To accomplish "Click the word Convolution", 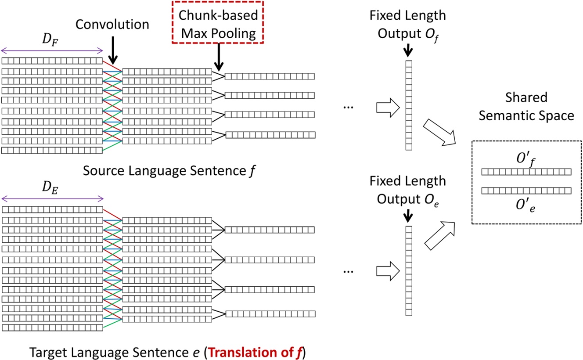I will (112, 24).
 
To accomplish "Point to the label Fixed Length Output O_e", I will (407, 188).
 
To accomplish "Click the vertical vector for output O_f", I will (409, 105).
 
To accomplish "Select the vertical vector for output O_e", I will (409, 270).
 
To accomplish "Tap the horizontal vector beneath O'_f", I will (526, 172).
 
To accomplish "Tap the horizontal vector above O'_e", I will (526, 191).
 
